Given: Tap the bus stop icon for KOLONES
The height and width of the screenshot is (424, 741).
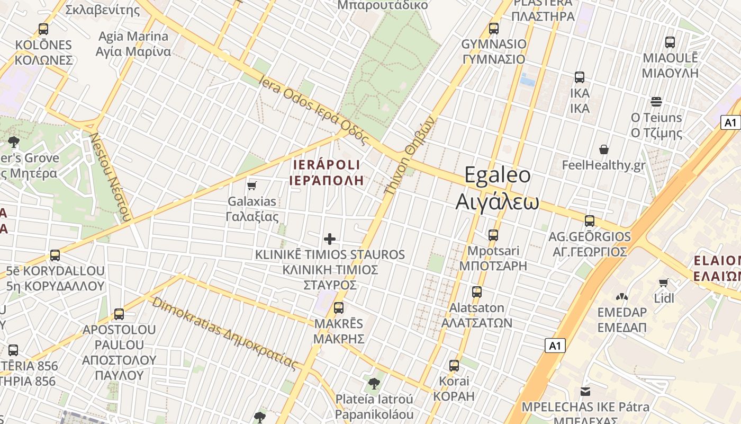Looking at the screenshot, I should (x=43, y=29).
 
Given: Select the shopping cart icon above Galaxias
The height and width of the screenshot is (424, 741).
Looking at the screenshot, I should (x=252, y=185).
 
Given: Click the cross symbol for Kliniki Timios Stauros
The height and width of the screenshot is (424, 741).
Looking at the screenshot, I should (x=330, y=239).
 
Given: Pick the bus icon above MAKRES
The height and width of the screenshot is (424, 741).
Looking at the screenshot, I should (x=339, y=307).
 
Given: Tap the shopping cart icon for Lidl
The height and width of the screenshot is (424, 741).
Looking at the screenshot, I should (x=664, y=282).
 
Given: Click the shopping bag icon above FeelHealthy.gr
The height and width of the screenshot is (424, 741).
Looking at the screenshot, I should (x=603, y=150).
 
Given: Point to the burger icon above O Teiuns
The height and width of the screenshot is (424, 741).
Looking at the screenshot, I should (x=656, y=101).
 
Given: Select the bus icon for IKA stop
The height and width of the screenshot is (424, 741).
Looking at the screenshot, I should (x=580, y=77).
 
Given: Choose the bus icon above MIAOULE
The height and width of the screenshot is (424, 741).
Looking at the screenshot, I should (x=670, y=42).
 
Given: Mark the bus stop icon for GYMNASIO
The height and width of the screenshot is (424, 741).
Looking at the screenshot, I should (x=494, y=29).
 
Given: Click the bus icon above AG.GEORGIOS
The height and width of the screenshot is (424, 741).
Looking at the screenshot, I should (x=590, y=221).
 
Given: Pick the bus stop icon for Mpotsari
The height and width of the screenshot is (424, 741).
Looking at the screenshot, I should (x=493, y=235).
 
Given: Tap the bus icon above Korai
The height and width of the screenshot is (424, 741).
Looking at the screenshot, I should (x=454, y=365).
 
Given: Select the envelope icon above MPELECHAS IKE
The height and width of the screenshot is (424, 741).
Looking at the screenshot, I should (x=585, y=392).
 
